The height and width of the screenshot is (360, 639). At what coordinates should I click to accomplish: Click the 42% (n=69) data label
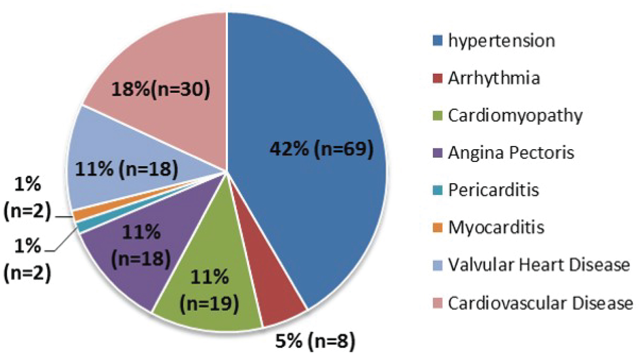click(322, 149)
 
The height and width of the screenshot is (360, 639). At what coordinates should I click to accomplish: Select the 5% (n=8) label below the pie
click(315, 341)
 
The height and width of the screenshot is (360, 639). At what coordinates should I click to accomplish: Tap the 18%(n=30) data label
click(161, 89)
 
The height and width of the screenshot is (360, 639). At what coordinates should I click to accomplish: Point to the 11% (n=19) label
click(209, 291)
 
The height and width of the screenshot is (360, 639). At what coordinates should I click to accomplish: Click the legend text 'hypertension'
click(501, 41)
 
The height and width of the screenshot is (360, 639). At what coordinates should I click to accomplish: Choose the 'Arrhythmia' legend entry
click(494, 78)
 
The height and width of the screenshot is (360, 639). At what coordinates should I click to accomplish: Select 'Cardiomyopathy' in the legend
click(515, 115)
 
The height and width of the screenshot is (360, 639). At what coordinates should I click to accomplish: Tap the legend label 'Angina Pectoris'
click(511, 153)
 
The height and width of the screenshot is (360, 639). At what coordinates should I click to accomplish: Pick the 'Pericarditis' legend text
click(493, 190)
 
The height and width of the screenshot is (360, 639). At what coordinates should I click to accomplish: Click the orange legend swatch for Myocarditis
click(438, 228)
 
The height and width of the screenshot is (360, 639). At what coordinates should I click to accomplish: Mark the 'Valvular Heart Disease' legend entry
click(539, 265)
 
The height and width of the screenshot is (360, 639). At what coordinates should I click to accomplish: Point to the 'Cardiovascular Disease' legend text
click(540, 303)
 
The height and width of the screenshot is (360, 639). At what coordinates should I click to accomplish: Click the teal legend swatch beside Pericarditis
click(438, 190)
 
